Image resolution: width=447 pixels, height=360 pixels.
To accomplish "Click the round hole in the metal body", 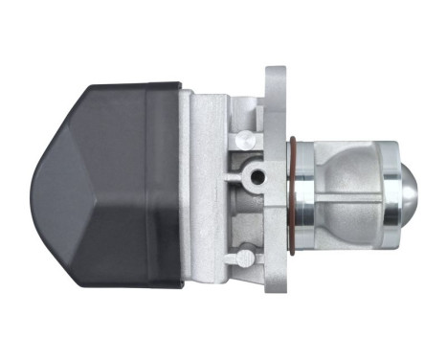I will click(x=255, y=176).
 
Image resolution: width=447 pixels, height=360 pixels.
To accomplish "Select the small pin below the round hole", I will click(x=246, y=256).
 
